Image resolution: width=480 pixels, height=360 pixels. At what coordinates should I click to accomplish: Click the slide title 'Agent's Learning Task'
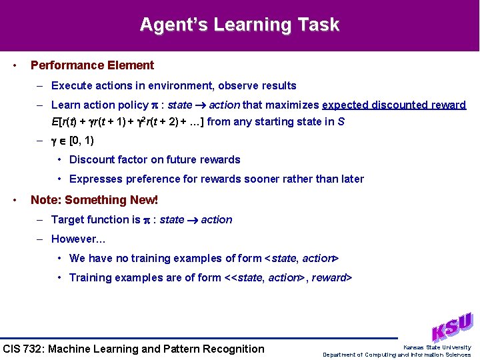pyautogui.click(x=239, y=25)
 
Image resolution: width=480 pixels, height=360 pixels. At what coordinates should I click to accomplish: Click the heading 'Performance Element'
pyautogui.click(x=92, y=65)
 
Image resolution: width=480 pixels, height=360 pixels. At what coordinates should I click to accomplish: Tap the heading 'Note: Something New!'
pyautogui.click(x=94, y=200)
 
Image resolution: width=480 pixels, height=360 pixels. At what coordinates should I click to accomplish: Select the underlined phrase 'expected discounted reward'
pyautogui.click(x=394, y=105)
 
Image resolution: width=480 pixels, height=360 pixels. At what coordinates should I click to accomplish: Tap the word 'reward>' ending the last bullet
pyautogui.click(x=331, y=277)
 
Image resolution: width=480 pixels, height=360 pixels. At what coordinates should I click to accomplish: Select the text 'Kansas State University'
pyautogui.click(x=437, y=347)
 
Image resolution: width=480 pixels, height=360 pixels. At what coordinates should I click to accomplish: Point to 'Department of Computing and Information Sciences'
pyautogui.click(x=397, y=355)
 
